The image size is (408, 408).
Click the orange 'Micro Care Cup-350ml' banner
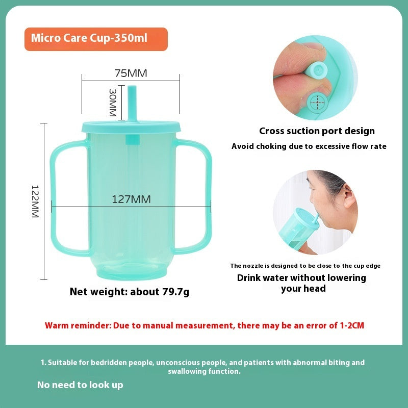point(96,39)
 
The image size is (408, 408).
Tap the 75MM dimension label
point(131,73)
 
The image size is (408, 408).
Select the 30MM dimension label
point(113,101)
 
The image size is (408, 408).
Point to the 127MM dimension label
point(131,199)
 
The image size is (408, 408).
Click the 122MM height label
point(35,201)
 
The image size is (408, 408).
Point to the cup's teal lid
point(131,125)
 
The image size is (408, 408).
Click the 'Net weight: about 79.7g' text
point(130,292)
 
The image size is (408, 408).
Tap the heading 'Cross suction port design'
point(317,131)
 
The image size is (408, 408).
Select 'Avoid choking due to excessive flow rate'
point(309,146)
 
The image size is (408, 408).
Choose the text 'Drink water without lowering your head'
point(302,283)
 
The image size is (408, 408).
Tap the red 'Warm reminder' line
point(205,325)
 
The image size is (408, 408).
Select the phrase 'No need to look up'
point(80,385)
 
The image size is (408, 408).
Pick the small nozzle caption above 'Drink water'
point(305,266)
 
